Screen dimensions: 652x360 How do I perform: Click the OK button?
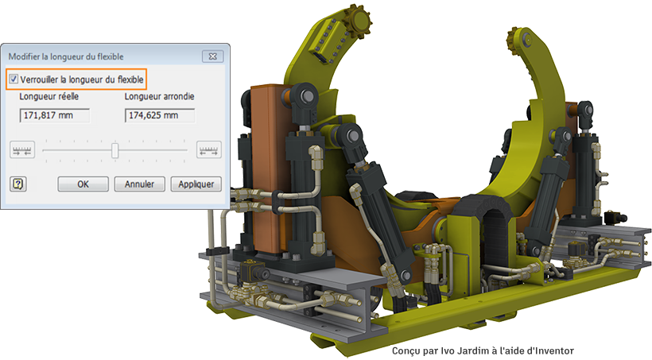83,184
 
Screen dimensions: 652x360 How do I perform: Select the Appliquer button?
196,184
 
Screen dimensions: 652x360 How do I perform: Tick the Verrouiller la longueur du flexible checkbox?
14,79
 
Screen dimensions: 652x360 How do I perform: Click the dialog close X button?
213,56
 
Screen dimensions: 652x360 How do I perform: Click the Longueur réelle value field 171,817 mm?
55,115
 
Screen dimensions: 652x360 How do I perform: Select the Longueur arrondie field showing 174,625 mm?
160,115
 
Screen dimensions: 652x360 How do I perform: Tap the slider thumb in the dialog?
115,150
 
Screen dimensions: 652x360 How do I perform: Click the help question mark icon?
17,184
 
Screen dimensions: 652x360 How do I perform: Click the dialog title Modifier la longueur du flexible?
66,56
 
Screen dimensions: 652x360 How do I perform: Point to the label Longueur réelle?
49,96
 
